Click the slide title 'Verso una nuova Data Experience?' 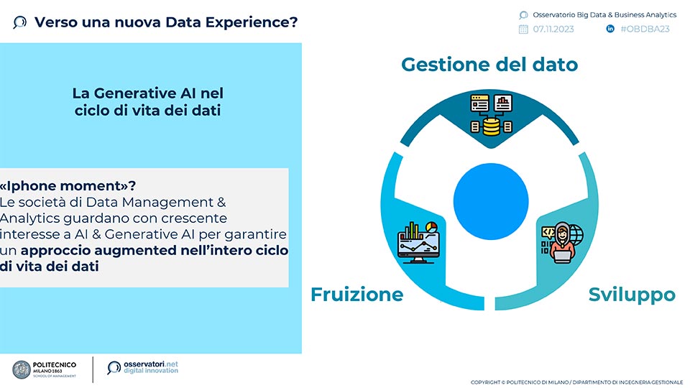pyautogui.click(x=166, y=22)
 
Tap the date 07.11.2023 pyautogui.click(x=553, y=29)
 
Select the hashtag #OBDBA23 pyautogui.click(x=645, y=29)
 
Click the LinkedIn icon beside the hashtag pyautogui.click(x=610, y=29)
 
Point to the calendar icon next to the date pyautogui.click(x=523, y=29)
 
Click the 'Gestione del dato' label pyautogui.click(x=489, y=64)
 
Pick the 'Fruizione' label pyautogui.click(x=357, y=295)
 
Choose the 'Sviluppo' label pyautogui.click(x=632, y=295)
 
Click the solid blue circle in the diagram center pyautogui.click(x=491, y=201)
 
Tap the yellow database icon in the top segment pyautogui.click(x=491, y=126)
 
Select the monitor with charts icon pyautogui.click(x=418, y=242)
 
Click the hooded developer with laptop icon pyautogui.click(x=562, y=242)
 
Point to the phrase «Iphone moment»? pyautogui.click(x=68, y=185)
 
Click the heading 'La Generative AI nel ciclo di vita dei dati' pyautogui.click(x=148, y=101)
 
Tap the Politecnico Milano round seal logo pyautogui.click(x=22, y=369)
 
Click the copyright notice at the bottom pyautogui.click(x=576, y=382)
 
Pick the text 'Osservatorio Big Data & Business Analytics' pyautogui.click(x=604, y=14)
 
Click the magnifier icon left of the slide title pyautogui.click(x=20, y=22)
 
